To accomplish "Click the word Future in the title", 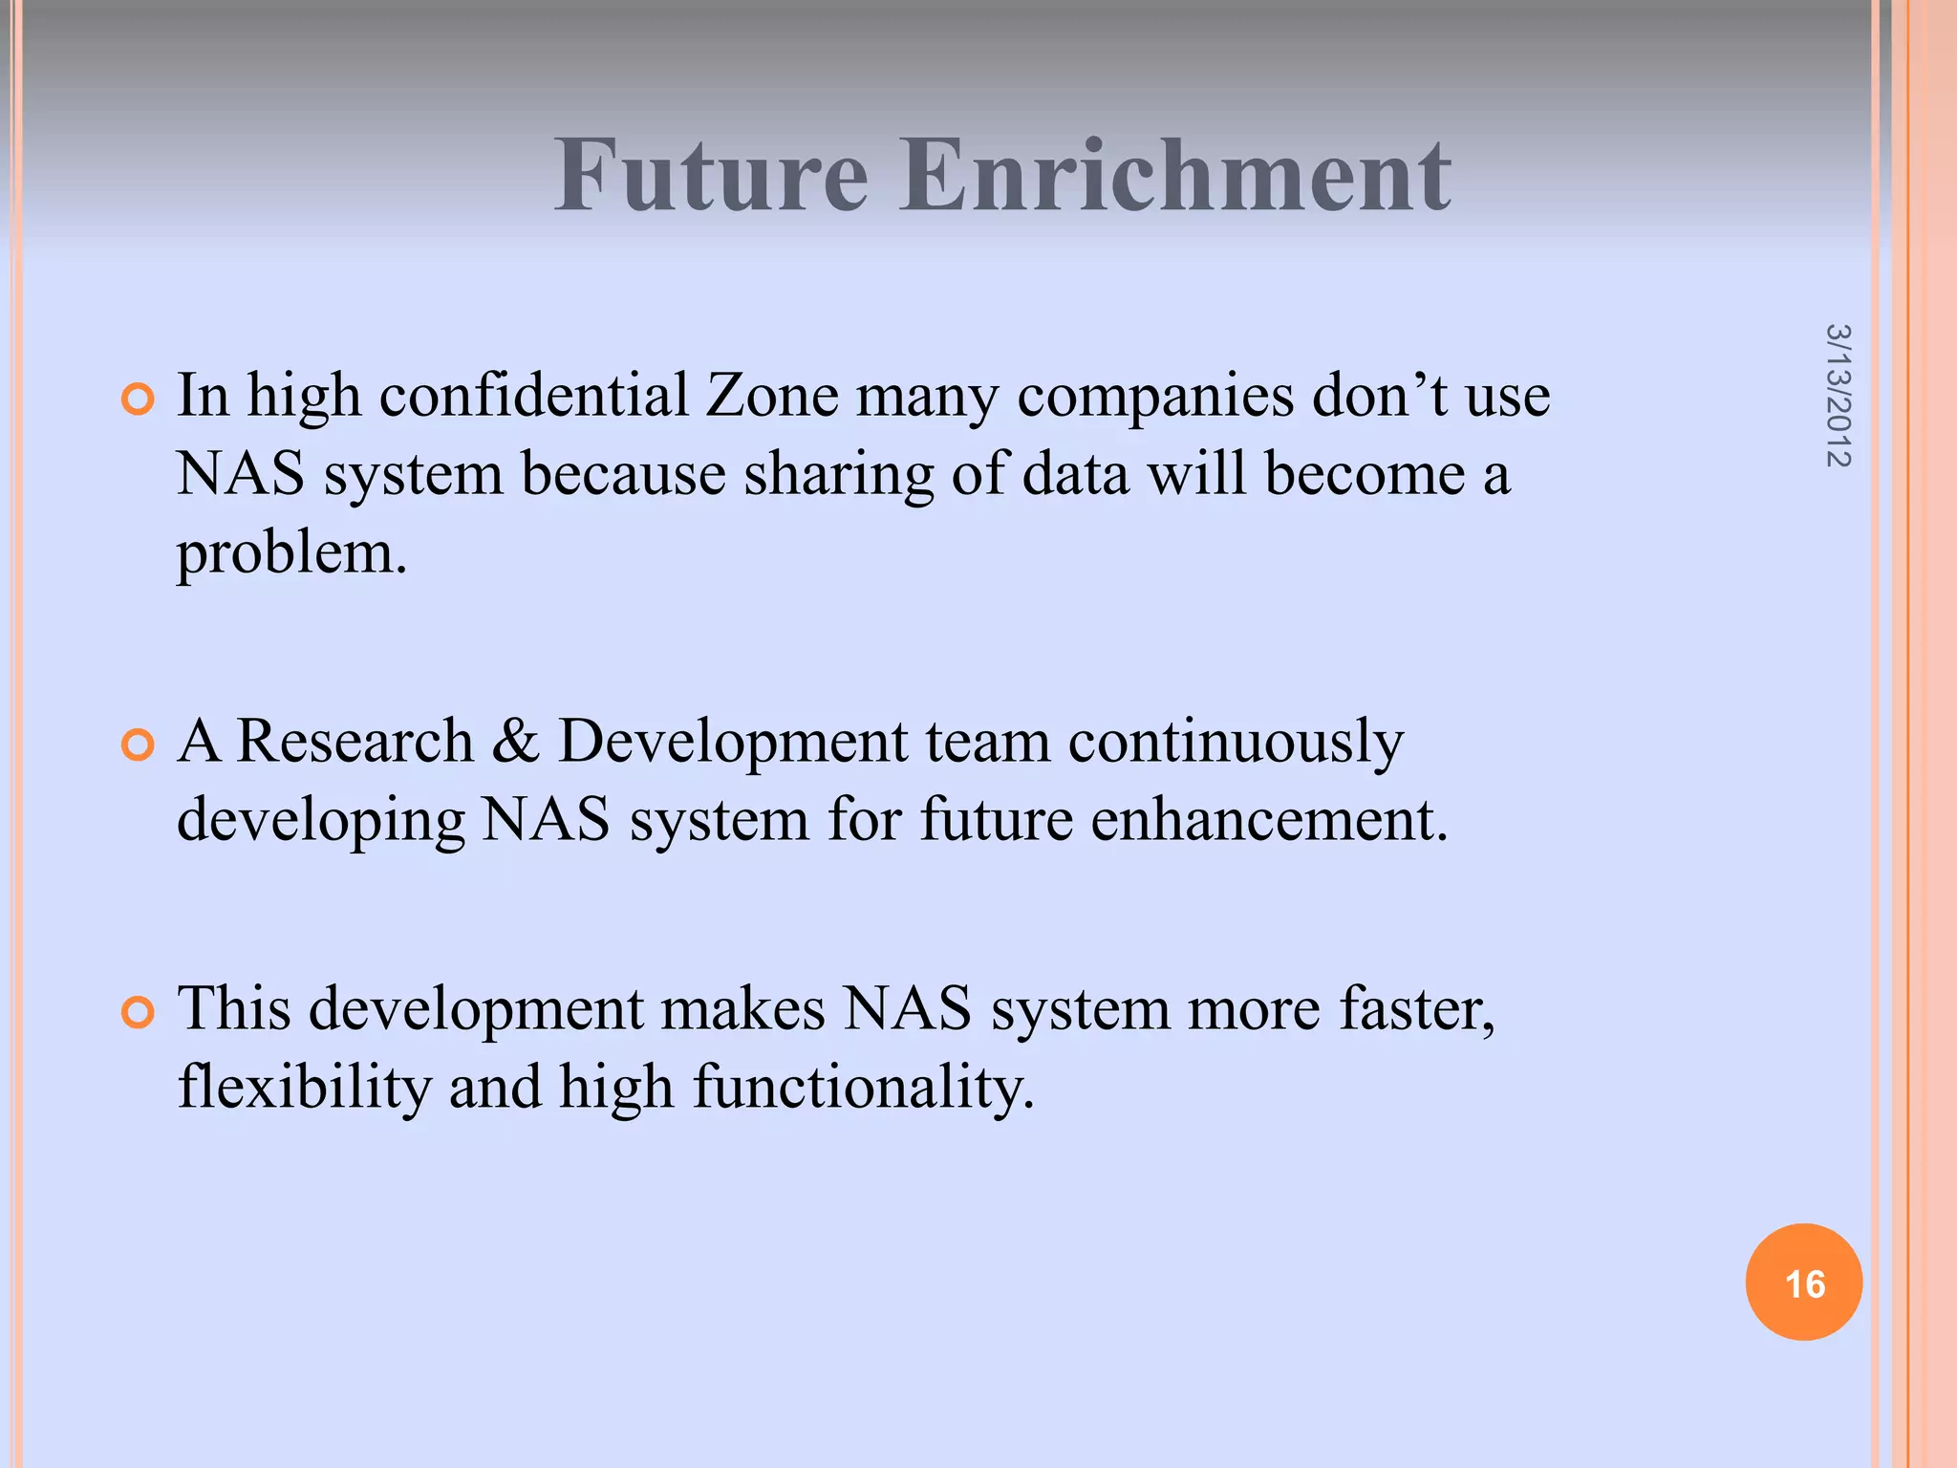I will coord(712,176).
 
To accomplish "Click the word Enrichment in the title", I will coord(1175,176).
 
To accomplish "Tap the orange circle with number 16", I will coord(1803,1282).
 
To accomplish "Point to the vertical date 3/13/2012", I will coord(1838,396).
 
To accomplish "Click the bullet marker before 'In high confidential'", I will coord(139,399).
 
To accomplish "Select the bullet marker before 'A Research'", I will coord(139,745).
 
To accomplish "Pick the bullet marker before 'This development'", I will coord(139,1012).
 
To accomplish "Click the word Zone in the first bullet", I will coord(772,396).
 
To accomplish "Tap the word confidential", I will coord(534,396).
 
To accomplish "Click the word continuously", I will coord(1235,743).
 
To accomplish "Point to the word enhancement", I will coord(1269,820).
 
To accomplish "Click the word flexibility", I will coord(304,1088).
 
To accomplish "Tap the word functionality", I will coord(863,1088).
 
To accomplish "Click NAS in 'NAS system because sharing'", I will coord(241,474).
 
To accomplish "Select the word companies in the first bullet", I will coord(1154,398).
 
